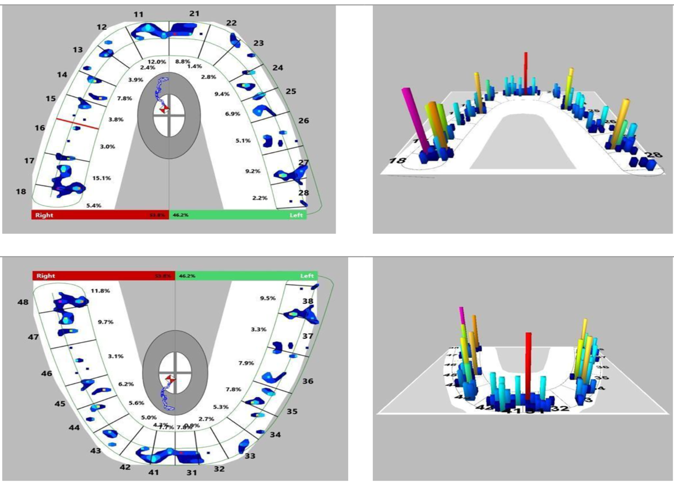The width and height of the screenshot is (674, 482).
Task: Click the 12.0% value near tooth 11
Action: pos(157,61)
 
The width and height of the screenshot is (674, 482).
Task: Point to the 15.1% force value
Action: pos(102,178)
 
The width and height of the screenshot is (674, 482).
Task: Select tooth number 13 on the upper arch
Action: pos(78,50)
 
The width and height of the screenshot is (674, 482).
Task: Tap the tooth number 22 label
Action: pos(231,22)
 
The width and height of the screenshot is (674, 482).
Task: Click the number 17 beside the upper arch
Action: pos(29,161)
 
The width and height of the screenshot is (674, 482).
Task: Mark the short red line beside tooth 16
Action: pos(78,124)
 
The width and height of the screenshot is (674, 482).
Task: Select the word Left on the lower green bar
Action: pos(307,276)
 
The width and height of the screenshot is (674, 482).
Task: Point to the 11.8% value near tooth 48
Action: pos(100,291)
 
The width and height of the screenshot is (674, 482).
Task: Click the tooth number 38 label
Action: pos(308,301)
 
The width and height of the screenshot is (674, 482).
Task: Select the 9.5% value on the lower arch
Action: pos(267,298)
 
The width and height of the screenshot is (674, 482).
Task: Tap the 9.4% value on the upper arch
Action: pos(222,94)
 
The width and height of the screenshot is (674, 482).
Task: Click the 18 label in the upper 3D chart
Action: pos(398,161)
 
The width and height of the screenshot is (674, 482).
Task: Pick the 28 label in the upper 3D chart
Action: pos(653,155)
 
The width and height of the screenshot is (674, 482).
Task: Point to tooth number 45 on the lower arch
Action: pos(60,404)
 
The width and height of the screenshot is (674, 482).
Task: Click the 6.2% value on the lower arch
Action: pos(126,384)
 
